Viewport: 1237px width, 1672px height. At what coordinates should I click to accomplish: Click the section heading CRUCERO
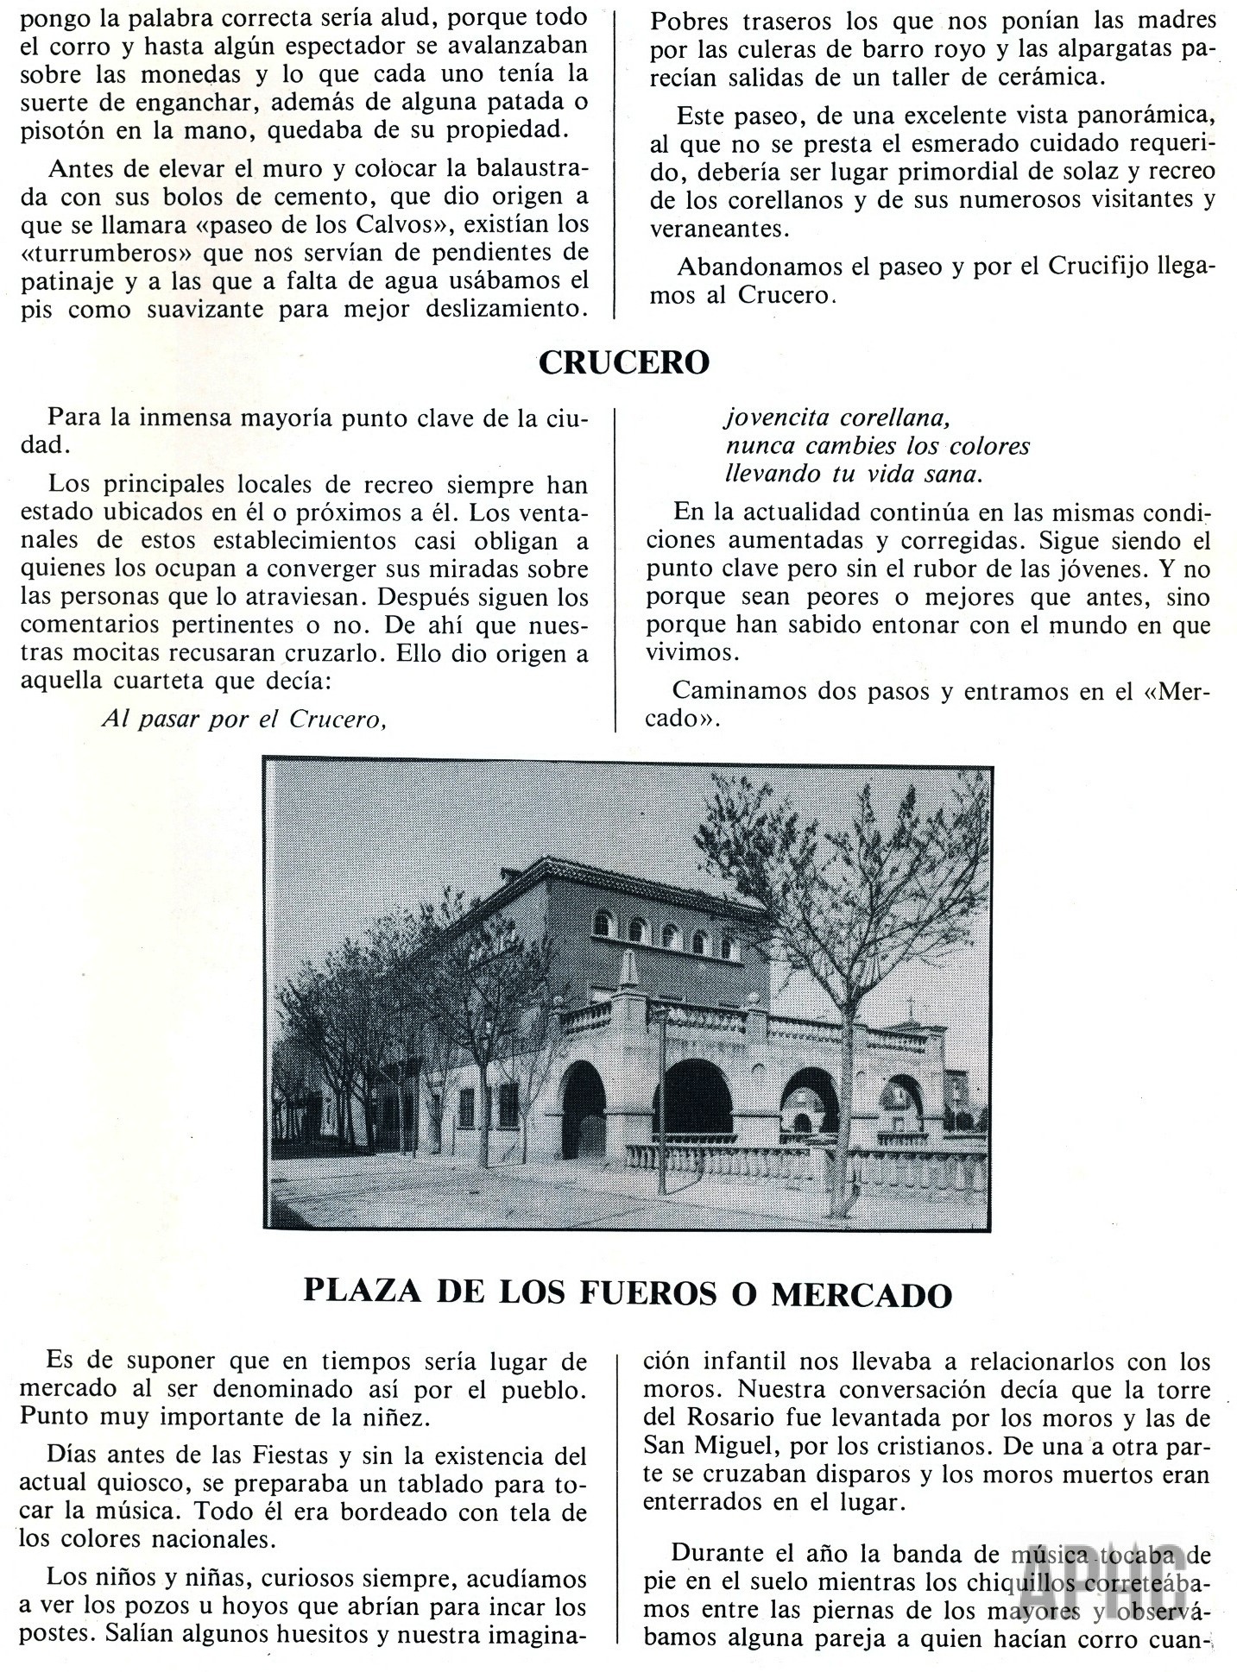click(623, 363)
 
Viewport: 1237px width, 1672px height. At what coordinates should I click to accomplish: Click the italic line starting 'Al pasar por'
click(243, 718)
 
